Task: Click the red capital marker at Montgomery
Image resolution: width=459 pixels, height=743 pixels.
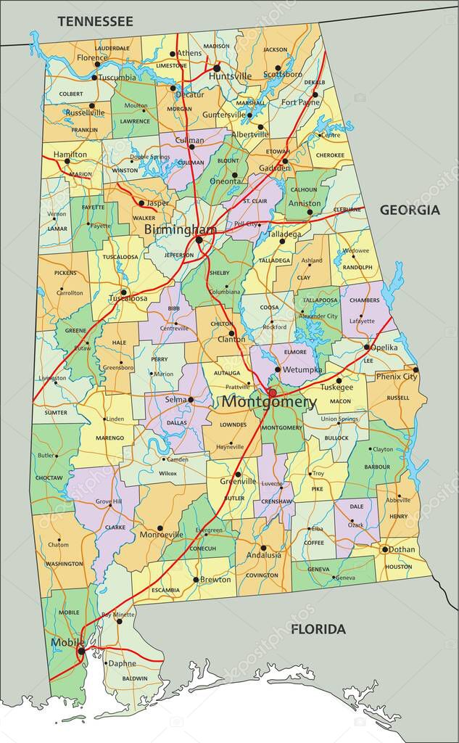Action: click(273, 393)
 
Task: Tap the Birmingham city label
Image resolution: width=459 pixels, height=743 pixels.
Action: click(180, 229)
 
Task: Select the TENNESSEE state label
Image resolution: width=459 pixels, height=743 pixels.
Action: click(95, 22)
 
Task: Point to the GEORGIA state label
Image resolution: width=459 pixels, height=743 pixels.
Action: click(410, 210)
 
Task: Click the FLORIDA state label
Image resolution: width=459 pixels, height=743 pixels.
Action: click(318, 629)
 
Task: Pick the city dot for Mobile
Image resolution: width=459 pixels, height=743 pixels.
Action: click(80, 651)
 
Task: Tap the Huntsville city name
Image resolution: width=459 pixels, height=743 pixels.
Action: click(231, 76)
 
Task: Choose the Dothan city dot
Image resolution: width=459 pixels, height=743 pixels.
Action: click(385, 549)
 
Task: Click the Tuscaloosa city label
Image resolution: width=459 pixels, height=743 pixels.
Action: click(128, 298)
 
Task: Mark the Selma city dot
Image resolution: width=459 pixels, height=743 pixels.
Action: click(191, 399)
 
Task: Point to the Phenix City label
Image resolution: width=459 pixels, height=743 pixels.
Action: click(397, 377)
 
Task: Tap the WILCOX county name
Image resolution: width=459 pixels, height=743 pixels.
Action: click(168, 473)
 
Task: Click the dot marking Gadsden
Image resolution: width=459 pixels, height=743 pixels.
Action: click(286, 161)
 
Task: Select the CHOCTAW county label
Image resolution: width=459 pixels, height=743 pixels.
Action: click(48, 478)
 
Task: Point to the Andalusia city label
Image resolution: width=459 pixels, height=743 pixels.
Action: click(262, 555)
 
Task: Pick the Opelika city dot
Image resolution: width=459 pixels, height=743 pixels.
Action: click(366, 347)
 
